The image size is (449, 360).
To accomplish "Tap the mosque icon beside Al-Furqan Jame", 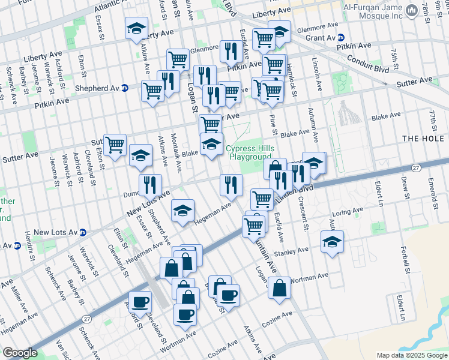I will tap(412, 11).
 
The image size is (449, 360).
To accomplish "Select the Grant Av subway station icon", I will tap(340, 37).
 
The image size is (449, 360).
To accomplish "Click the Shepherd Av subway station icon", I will tap(125, 87).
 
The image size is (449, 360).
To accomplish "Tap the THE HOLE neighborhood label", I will tap(425, 139).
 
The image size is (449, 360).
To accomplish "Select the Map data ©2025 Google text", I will tap(411, 355).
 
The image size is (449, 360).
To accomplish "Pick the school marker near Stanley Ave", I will tap(332, 242).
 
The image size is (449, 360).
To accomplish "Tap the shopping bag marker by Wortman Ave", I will tap(280, 289).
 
